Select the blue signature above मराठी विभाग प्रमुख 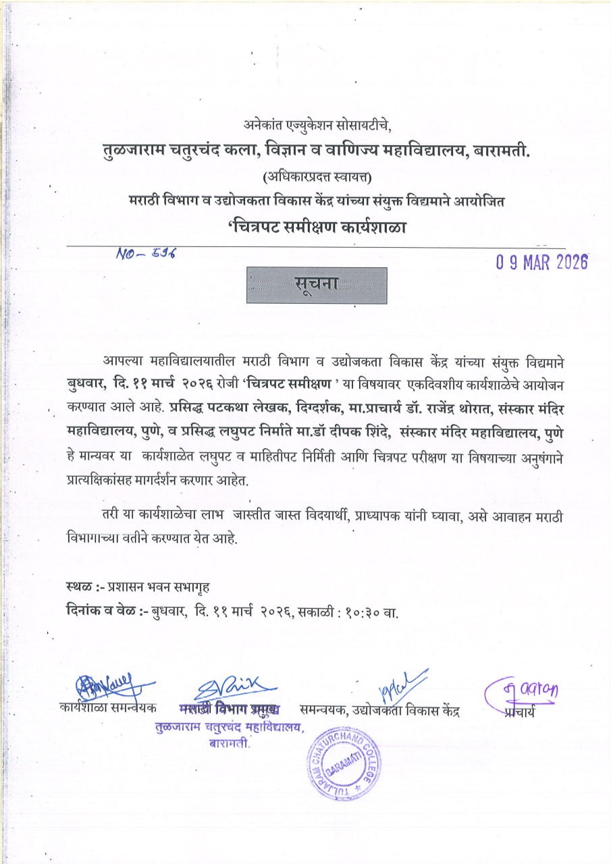pos(233,690)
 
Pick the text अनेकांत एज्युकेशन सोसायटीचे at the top pos(317,125)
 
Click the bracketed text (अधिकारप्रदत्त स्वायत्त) pos(317,178)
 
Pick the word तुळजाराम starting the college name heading pos(130,152)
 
